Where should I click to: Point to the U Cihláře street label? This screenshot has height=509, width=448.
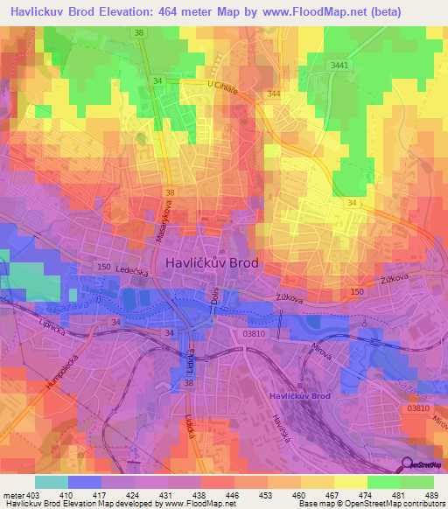click(x=223, y=85)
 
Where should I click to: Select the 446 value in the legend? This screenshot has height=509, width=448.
click(x=234, y=494)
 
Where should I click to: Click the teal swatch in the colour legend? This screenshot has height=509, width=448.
click(x=52, y=482)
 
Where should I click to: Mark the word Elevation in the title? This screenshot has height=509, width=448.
click(x=139, y=10)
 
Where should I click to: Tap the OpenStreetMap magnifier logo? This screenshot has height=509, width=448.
click(x=406, y=464)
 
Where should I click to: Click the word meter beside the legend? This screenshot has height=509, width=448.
click(x=12, y=494)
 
